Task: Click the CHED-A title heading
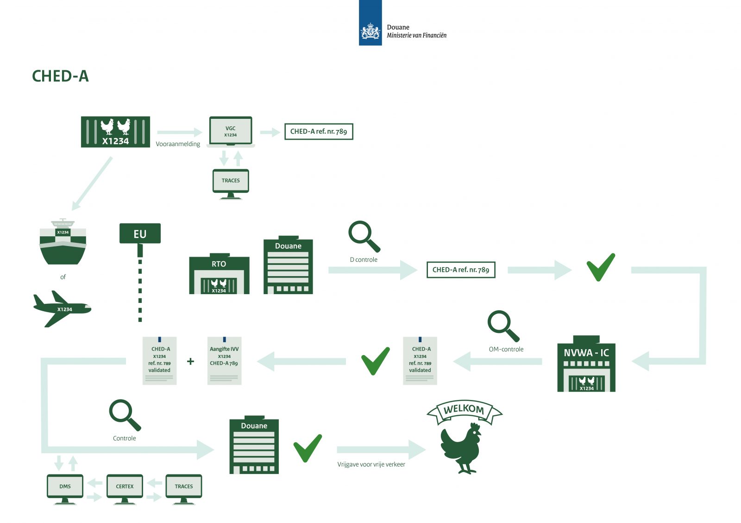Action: tap(60, 76)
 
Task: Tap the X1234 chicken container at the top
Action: tap(115, 132)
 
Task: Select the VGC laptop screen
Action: tap(231, 131)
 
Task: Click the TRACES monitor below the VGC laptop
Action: tap(231, 181)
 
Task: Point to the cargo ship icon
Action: tap(63, 243)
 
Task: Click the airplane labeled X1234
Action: tap(63, 308)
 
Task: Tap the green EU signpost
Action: tap(140, 234)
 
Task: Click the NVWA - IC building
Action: tap(586, 365)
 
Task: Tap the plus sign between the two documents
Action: tap(190, 362)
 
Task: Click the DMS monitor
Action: tap(65, 487)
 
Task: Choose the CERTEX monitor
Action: tap(125, 487)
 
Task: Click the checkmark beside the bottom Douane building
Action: tap(308, 448)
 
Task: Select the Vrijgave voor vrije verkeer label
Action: tap(371, 464)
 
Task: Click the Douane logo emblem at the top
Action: tap(370, 31)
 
